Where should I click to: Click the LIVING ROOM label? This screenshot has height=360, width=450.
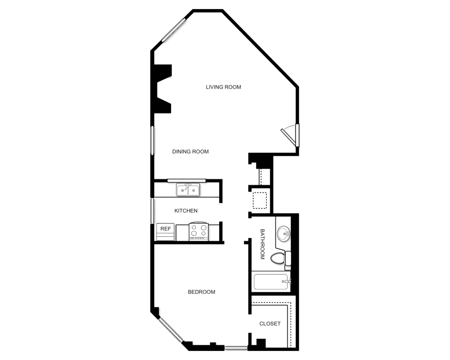pyautogui.click(x=224, y=87)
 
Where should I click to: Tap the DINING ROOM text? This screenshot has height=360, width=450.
pyautogui.click(x=190, y=152)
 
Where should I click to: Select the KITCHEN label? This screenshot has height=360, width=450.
pyautogui.click(x=186, y=211)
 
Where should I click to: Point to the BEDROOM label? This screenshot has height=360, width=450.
pyautogui.click(x=201, y=292)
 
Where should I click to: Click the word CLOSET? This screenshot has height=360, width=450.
pyautogui.click(x=270, y=324)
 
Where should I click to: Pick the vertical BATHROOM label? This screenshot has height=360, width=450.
pyautogui.click(x=263, y=243)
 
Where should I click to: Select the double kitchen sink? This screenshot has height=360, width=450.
pyautogui.click(x=189, y=190)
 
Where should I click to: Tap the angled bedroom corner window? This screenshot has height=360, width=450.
pyautogui.click(x=171, y=330)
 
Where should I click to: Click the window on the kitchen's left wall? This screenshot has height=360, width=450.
pyautogui.click(x=153, y=210)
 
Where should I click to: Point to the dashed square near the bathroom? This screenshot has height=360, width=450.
pyautogui.click(x=260, y=200)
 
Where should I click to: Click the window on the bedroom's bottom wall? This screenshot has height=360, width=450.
pyautogui.click(x=236, y=347)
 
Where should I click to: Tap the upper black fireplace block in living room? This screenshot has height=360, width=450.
pyautogui.click(x=162, y=73)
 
